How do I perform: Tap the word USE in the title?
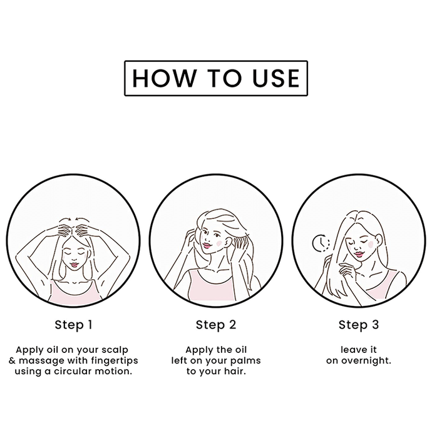(x=276, y=78)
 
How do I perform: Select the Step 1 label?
(x=73, y=325)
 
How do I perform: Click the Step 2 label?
(x=216, y=325)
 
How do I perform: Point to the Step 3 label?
(x=359, y=325)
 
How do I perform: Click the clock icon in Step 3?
(x=321, y=243)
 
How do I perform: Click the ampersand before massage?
(x=12, y=360)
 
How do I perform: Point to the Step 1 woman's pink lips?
(x=75, y=264)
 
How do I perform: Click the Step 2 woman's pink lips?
(x=207, y=246)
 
